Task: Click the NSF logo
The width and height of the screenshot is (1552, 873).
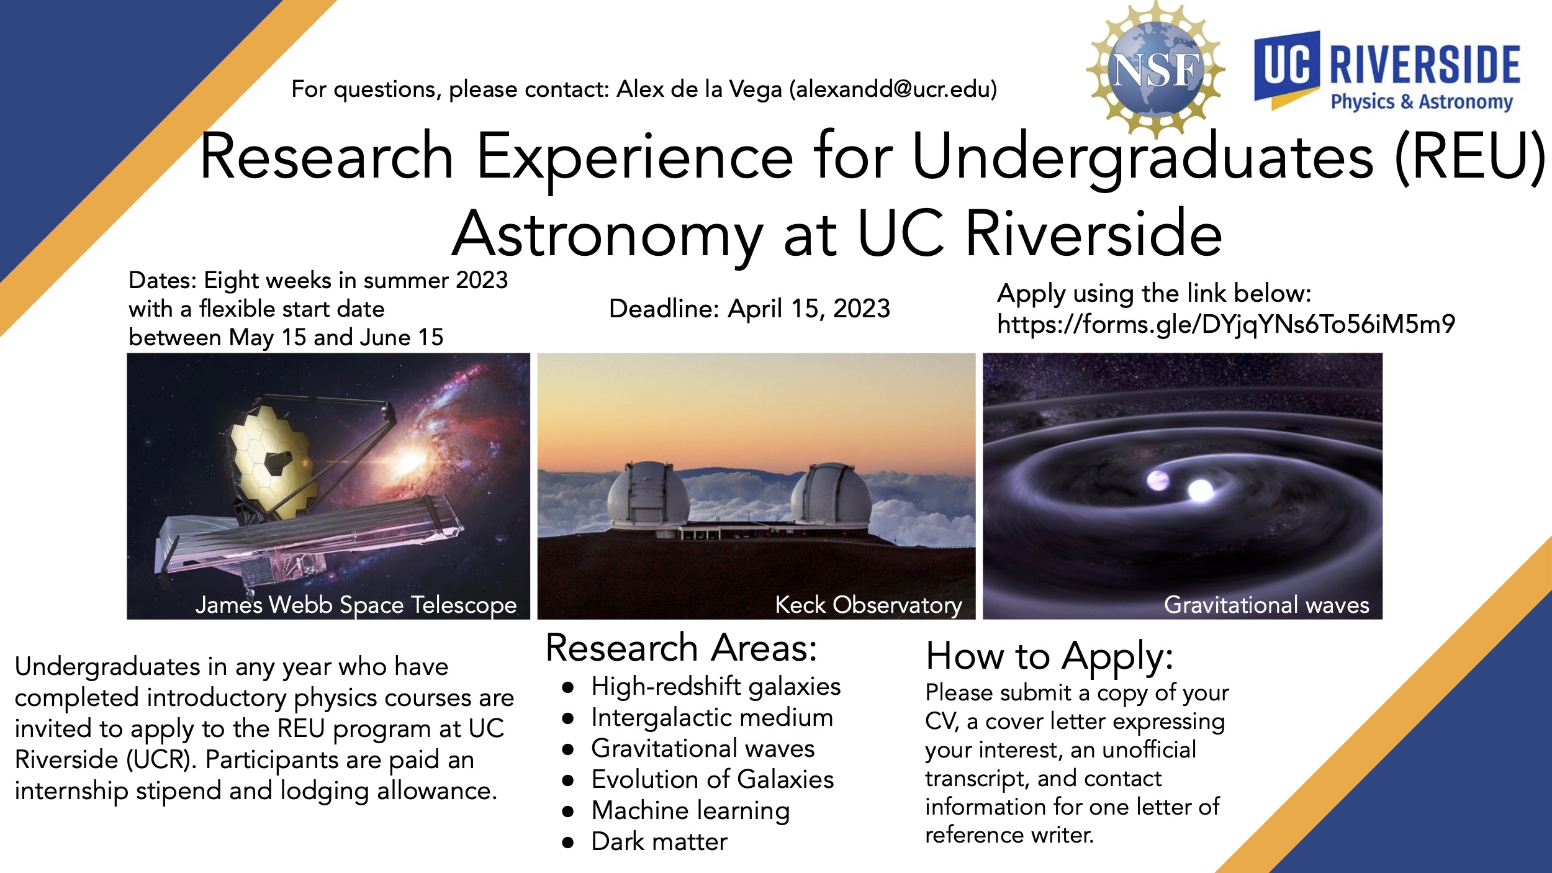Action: coord(1155,69)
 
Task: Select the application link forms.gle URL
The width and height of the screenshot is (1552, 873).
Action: coord(1226,324)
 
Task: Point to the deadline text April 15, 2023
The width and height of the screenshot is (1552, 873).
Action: coord(809,309)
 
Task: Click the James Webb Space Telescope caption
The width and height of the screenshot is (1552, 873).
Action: coord(356,604)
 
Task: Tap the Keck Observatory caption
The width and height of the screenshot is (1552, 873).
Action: coord(868,604)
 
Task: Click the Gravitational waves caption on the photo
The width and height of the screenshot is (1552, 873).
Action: coord(1266,604)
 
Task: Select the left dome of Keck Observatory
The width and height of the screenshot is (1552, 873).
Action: coord(647,495)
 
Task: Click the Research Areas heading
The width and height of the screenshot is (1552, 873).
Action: coord(682,648)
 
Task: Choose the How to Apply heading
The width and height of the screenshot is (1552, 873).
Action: coord(1050,657)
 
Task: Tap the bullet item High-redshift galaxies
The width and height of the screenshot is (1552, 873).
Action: coord(716,687)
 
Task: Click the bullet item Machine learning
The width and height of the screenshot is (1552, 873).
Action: coord(690,811)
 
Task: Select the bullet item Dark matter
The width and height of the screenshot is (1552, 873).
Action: coord(659,842)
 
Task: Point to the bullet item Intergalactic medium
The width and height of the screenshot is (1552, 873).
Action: coord(712,718)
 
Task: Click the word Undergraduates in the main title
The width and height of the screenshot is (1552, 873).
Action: coord(1143,158)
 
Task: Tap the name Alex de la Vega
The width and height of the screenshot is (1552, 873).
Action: coord(699,89)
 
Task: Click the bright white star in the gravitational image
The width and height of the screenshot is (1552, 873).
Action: coord(1200,490)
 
